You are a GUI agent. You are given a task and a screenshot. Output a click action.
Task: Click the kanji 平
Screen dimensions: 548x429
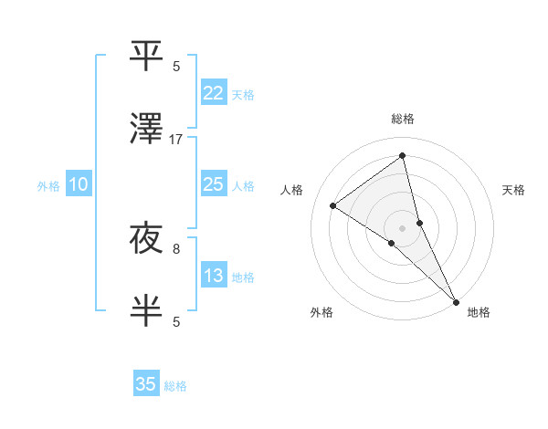[x=147, y=56]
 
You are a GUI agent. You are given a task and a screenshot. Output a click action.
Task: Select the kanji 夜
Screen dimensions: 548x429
[x=147, y=239]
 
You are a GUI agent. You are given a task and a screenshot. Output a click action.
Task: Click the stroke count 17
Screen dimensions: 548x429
[x=176, y=140]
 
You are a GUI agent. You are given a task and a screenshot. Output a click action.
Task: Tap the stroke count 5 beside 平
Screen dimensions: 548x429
[x=176, y=66]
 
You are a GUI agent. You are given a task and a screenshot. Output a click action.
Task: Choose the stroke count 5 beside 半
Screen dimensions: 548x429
[x=176, y=321]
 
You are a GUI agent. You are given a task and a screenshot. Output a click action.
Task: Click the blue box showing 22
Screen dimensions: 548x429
[x=213, y=92]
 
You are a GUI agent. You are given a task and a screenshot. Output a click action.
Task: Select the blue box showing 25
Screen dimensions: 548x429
[x=213, y=184]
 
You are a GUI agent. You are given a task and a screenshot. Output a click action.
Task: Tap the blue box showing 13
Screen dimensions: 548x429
[x=213, y=276]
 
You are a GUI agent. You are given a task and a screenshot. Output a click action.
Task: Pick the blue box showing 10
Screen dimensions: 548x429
[x=79, y=184]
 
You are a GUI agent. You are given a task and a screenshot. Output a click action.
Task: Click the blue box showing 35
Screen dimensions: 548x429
[x=146, y=384]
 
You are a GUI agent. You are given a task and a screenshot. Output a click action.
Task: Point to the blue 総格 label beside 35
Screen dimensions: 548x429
[x=176, y=386]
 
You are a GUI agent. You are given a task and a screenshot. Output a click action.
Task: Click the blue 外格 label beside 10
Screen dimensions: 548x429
[x=48, y=186]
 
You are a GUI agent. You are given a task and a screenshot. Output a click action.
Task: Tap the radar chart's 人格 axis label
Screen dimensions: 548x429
[x=292, y=190]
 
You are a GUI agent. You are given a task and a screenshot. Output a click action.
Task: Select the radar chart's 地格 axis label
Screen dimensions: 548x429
[x=479, y=312]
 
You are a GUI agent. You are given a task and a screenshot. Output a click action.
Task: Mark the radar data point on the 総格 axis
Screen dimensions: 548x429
[x=402, y=156]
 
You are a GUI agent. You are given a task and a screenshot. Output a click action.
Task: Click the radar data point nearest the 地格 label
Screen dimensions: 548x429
[x=455, y=300]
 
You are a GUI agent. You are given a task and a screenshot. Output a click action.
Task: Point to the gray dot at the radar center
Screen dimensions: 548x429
[x=402, y=227]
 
